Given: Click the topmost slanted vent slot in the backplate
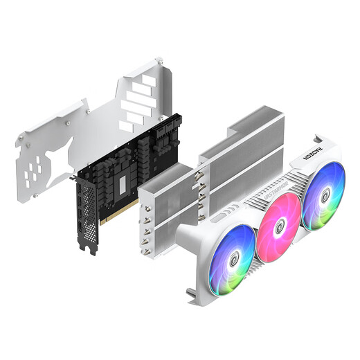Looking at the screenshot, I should click(x=147, y=81).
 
